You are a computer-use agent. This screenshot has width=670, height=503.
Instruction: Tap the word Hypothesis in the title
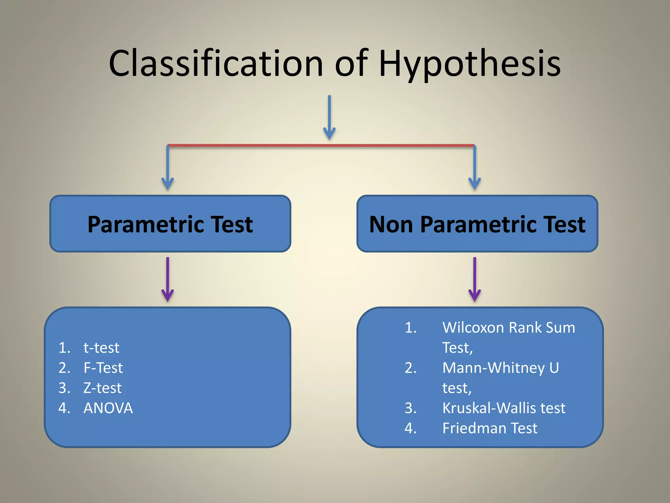[469, 64]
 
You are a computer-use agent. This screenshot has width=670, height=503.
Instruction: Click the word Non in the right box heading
[391, 225]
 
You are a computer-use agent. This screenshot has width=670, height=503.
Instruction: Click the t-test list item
[101, 348]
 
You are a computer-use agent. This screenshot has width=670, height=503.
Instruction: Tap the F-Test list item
[103, 368]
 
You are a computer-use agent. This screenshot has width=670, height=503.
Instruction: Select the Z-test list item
[102, 388]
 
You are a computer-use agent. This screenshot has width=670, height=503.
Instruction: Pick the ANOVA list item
[108, 408]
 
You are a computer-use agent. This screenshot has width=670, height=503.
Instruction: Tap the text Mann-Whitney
[493, 368]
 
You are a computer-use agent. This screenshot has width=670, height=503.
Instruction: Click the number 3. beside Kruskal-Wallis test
[411, 408]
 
